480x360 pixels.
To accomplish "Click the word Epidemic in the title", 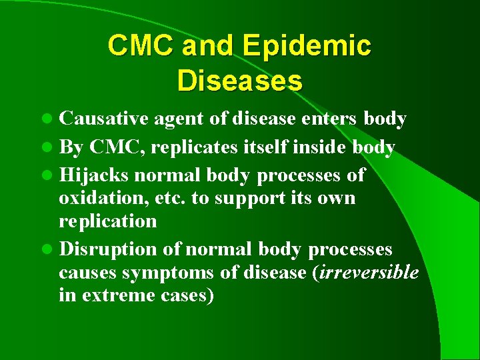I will (x=307, y=47).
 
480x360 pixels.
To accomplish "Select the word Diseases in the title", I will (x=240, y=81).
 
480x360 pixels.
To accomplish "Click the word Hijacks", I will (x=95, y=175).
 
